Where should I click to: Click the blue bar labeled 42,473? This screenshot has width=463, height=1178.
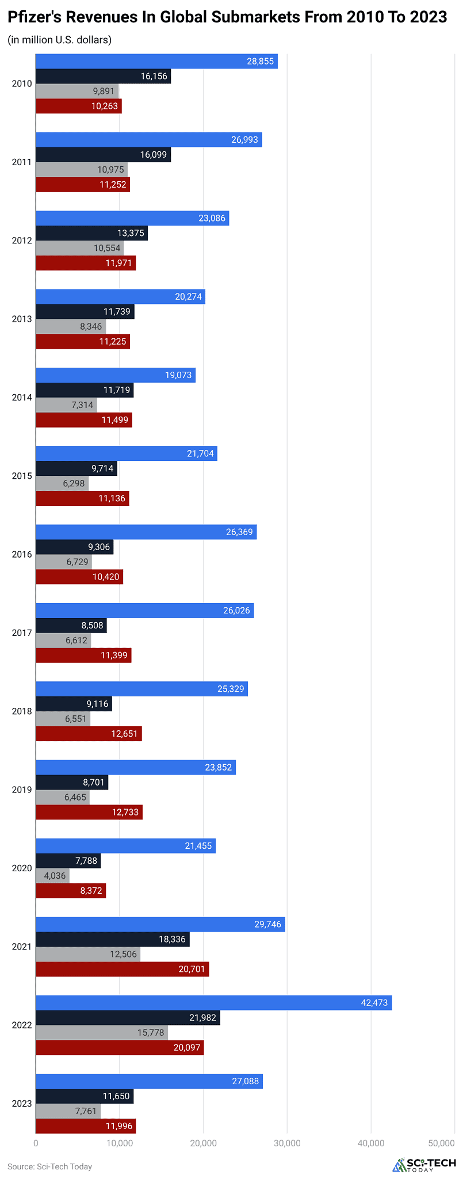pos(214,1002)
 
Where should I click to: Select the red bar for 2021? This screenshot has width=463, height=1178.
pos(123,969)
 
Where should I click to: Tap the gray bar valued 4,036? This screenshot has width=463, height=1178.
pos(53,876)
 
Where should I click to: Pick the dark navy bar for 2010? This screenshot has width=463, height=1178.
pos(104,77)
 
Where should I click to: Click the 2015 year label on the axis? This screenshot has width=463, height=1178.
pos(22,476)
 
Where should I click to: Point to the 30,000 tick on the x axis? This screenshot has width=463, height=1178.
pos(287,1143)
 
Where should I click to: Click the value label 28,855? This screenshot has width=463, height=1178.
pos(260,61)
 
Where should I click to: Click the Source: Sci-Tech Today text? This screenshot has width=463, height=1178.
pos(49,1166)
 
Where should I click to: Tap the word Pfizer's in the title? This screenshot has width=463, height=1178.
pos(35,17)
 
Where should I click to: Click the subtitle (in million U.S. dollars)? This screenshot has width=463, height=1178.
pos(59,40)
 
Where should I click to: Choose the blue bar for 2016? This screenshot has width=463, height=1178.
pos(146,532)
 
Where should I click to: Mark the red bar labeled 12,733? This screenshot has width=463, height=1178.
pos(89,812)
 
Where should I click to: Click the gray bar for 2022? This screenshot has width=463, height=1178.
pos(102,1032)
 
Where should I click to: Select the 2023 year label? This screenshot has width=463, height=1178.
pos(22,1103)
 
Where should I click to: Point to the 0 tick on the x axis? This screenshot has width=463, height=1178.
pos(36,1143)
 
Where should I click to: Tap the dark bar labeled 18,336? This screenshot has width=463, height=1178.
pos(113,939)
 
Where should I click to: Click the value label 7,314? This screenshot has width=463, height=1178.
pos(82,405)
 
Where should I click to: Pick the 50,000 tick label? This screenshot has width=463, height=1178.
pos(442,1143)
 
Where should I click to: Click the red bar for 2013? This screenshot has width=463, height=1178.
pos(83,342)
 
